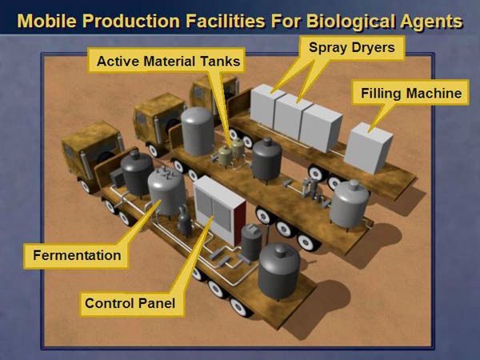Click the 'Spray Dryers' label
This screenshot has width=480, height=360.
click(x=352, y=47)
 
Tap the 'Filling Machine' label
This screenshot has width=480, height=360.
click(x=411, y=93)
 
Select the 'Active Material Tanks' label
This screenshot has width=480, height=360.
click(x=168, y=62)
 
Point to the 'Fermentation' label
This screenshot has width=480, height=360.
click(x=77, y=255)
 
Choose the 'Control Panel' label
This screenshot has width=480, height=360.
click(x=130, y=303)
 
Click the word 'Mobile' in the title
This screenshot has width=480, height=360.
click(x=46, y=21)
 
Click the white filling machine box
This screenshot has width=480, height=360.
click(x=368, y=148)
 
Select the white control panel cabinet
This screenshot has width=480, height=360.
click(x=219, y=210)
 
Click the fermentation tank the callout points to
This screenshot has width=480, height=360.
click(x=167, y=191)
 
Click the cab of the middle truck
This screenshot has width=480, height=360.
click(x=159, y=119)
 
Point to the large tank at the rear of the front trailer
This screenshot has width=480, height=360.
click(x=278, y=271)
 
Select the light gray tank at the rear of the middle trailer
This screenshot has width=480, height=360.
click(x=350, y=204)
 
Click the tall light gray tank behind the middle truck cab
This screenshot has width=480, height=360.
click(x=198, y=131)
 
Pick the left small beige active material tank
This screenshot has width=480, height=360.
click(x=225, y=155)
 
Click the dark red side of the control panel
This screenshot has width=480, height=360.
click(x=240, y=223)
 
